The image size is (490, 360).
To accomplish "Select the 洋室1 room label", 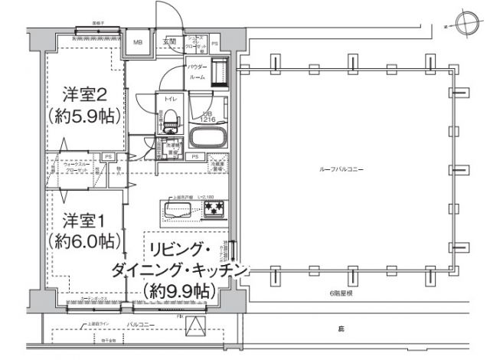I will [85, 218].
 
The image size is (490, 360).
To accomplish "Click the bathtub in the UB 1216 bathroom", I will [205, 139].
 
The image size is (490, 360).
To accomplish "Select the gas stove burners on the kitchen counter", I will [213, 207].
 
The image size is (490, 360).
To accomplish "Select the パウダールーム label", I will [197, 72].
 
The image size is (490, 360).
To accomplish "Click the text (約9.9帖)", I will [178, 290].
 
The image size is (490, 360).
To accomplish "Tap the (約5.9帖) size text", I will [85, 117].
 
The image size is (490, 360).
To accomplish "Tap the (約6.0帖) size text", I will [85, 241].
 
